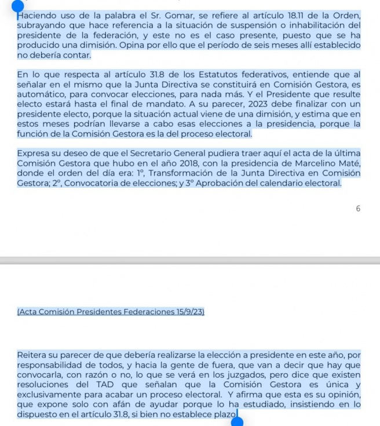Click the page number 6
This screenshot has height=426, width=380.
[x=358, y=209]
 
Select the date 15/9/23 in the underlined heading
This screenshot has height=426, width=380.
[x=185, y=312]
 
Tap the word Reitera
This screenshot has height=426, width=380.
[x=33, y=355]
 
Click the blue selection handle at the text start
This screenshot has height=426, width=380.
[x=18, y=7]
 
